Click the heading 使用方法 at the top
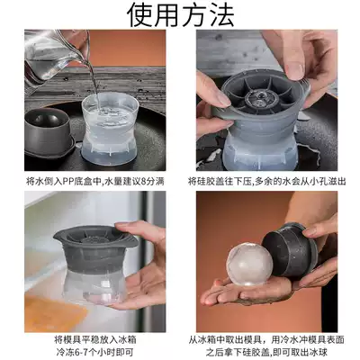[181, 14]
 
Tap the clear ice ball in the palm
[249, 265]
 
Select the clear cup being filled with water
[110, 129]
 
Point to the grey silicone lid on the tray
[49, 131]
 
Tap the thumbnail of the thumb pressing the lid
[295, 70]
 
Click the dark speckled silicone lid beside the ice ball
[290, 249]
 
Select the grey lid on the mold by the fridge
[94, 249]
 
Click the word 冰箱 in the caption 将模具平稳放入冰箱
[128, 339]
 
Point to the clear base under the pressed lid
[260, 150]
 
